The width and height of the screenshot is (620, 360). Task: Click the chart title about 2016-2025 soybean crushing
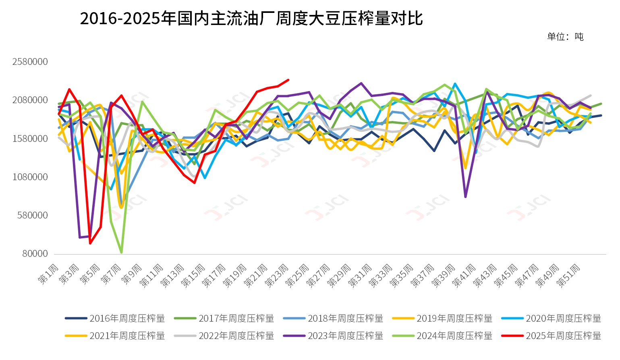click(x=251, y=19)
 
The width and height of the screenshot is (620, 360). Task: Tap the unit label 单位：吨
click(x=565, y=37)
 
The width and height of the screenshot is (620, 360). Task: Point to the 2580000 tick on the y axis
click(x=30, y=62)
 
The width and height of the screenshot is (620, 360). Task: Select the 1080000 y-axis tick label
click(x=30, y=177)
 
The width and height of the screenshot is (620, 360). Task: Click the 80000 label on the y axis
click(x=35, y=254)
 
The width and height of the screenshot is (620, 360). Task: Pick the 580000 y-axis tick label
click(x=33, y=215)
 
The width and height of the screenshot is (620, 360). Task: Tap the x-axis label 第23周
click(x=277, y=276)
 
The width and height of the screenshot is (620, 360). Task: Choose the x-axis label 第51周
click(x=568, y=276)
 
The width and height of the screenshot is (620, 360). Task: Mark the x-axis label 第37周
click(x=423, y=276)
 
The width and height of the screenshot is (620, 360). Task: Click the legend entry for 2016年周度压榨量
click(x=115, y=318)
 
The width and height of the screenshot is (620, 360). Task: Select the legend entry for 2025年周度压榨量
click(x=552, y=336)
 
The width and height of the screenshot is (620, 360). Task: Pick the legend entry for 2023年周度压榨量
click(x=334, y=336)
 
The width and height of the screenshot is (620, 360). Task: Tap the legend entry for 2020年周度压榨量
click(x=552, y=318)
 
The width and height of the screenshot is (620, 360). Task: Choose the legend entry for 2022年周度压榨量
click(x=224, y=336)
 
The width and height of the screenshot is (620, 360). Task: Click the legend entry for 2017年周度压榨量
click(x=224, y=318)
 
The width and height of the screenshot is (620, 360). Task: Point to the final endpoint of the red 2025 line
click(x=288, y=80)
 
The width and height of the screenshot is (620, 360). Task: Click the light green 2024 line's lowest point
click(x=121, y=252)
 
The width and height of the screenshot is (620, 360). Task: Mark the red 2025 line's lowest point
click(x=90, y=243)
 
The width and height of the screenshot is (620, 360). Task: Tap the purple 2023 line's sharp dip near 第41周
click(x=465, y=197)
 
